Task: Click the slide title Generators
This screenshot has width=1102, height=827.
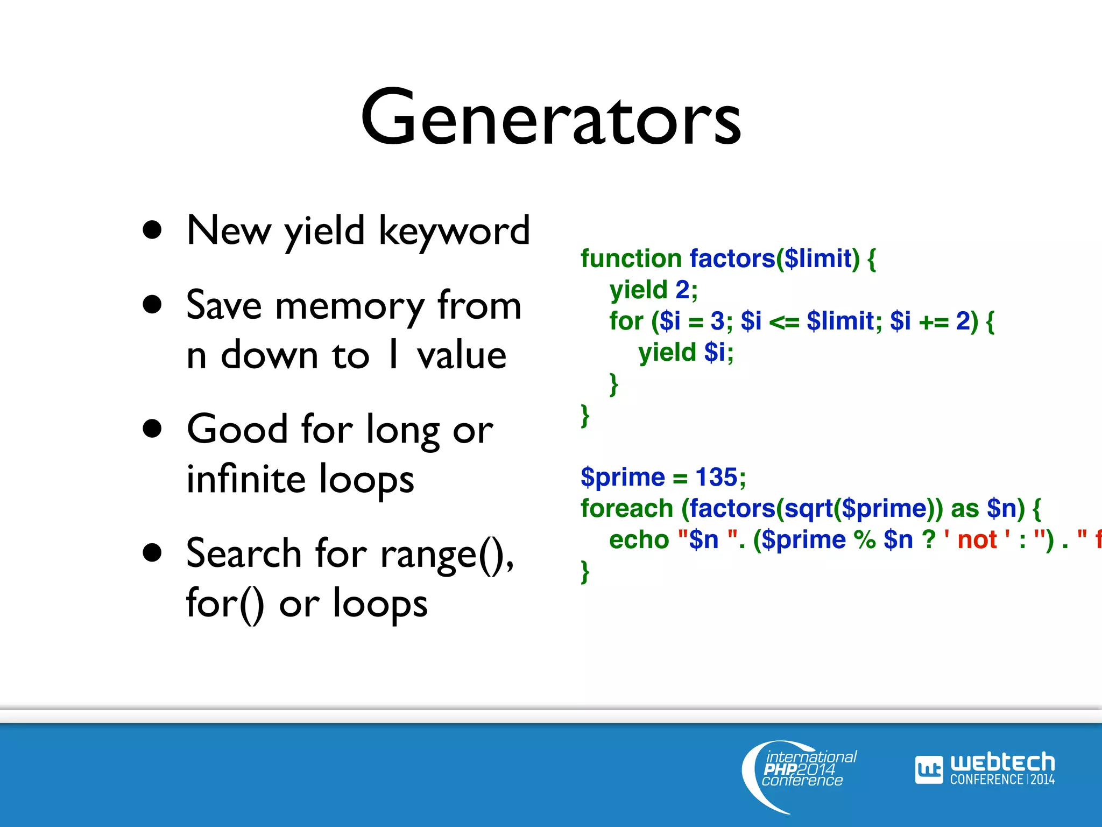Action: click(550, 118)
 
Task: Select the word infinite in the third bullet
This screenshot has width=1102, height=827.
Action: click(245, 479)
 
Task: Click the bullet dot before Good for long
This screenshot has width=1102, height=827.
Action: click(153, 429)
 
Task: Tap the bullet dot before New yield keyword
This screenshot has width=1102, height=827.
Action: click(153, 230)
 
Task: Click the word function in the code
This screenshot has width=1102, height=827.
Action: click(631, 259)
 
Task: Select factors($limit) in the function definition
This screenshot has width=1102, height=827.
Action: click(775, 259)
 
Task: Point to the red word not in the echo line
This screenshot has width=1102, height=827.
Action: click(977, 539)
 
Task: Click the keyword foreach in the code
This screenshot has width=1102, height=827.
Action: click(626, 508)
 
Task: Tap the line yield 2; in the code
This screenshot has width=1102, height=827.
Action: click(653, 290)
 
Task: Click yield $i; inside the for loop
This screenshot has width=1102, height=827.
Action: click(686, 353)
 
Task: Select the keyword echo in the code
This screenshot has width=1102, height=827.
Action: click(639, 539)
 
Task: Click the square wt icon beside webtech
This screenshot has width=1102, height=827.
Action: click(929, 770)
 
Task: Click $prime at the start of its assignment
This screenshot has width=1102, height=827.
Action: click(623, 477)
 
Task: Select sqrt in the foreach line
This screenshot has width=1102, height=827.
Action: click(808, 508)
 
